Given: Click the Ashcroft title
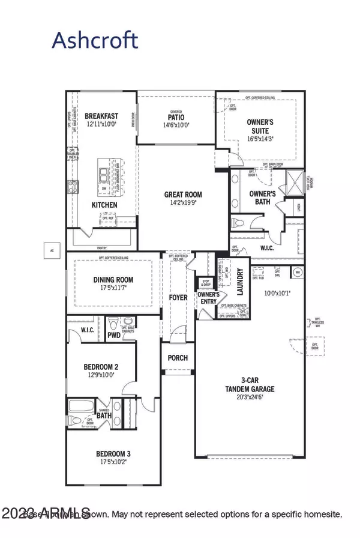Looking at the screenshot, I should point(95,40).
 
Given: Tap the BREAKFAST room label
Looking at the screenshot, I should point(101,116).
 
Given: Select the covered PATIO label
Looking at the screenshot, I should point(175,118).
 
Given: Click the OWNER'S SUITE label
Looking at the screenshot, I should point(260,126).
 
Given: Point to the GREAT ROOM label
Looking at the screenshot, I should point(184,195).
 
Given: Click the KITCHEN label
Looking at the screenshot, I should point(104,205).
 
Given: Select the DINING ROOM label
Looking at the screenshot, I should point(113,280).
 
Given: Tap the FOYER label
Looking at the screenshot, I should point(178,297).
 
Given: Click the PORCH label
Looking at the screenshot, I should point(178,358).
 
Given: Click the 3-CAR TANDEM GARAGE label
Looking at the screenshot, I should point(253,382).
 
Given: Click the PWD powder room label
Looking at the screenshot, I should point(114,335).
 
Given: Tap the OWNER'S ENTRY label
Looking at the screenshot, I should point(208,298).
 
